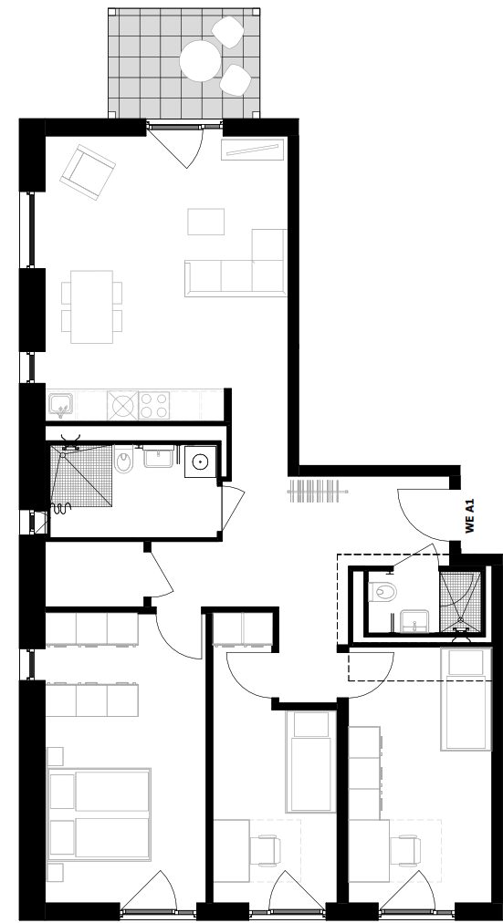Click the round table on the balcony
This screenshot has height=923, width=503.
(198, 60)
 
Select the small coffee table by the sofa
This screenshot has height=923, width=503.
(205, 222)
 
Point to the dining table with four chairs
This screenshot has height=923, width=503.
(91, 306)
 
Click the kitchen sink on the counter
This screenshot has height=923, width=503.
(61, 404)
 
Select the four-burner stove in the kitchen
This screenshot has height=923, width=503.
(152, 404)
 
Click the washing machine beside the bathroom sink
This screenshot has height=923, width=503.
(198, 462)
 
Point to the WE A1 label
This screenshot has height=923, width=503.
(470, 515)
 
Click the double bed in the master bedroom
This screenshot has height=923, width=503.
(100, 814)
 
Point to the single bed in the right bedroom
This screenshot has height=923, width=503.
(465, 699)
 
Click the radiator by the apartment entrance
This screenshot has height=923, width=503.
(318, 491)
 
